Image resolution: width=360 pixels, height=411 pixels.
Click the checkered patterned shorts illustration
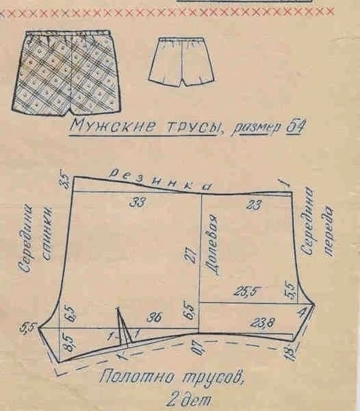(67, 73)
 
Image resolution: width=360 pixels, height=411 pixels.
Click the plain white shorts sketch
(181, 62)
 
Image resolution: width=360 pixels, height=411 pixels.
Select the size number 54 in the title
(296, 127)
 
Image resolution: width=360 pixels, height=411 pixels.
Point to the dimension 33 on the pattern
(138, 203)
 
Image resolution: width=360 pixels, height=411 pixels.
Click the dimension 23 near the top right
(254, 204)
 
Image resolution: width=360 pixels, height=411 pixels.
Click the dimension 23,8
(263, 322)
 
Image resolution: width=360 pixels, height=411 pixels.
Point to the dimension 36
(155, 317)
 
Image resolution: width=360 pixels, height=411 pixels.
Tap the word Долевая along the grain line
(213, 246)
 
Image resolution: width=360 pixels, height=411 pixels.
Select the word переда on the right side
(329, 231)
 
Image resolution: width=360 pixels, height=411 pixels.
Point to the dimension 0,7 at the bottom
(197, 347)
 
